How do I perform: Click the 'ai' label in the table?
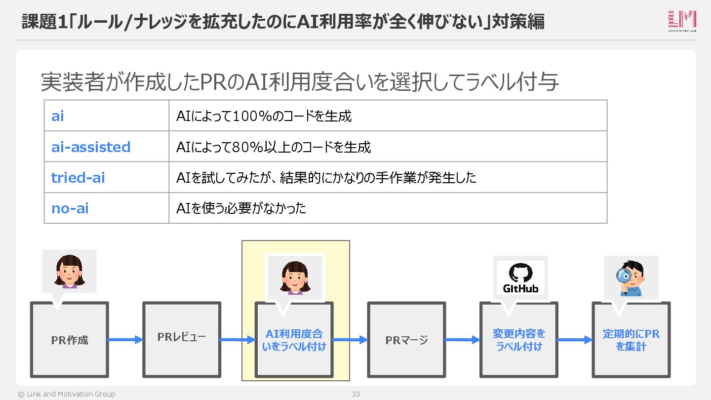[x=58, y=116]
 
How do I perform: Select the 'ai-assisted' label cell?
[x=91, y=147]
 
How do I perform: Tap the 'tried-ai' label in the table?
[x=78, y=177]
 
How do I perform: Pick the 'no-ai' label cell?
[x=70, y=208]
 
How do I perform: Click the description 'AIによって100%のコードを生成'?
[x=264, y=116]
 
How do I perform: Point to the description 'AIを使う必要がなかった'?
[x=241, y=208]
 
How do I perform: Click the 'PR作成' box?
[x=70, y=340]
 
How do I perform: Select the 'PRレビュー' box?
[x=182, y=338]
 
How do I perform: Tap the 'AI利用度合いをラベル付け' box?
[x=294, y=340]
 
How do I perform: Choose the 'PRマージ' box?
[x=406, y=340]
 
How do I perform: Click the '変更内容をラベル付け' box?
[x=519, y=340]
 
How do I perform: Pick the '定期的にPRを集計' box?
[x=631, y=340]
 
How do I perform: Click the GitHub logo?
[x=520, y=278]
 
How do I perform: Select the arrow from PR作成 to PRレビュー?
[x=125, y=339]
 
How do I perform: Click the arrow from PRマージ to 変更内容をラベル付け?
[x=463, y=340]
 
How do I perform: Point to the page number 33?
[x=355, y=394]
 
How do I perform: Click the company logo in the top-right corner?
[x=682, y=21]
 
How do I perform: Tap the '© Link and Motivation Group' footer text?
[x=67, y=394]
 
